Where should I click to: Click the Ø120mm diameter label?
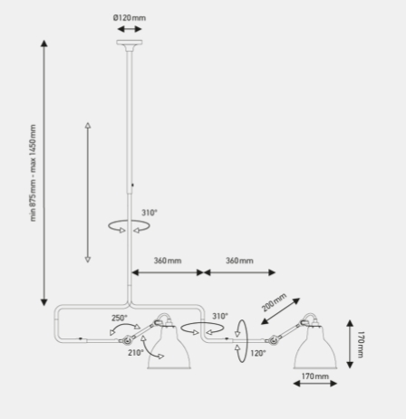(x=130, y=18)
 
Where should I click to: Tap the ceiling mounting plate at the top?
(x=130, y=43)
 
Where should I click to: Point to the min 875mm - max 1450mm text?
(x=33, y=173)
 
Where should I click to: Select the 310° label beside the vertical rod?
(x=150, y=213)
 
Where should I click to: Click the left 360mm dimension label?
(x=168, y=261)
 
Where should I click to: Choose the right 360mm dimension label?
(x=239, y=261)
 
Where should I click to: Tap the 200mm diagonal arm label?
(x=274, y=302)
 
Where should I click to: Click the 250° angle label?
(x=120, y=318)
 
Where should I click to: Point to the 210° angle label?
(x=136, y=352)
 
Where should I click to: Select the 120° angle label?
(x=258, y=353)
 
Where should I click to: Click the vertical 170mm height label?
(x=361, y=344)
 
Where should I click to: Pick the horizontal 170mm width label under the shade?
(x=315, y=376)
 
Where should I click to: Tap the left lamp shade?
(x=169, y=347)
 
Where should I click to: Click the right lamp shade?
(x=315, y=347)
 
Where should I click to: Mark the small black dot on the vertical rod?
(x=132, y=185)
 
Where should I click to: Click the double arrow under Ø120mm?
(x=130, y=29)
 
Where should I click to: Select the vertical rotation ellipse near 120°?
(x=242, y=341)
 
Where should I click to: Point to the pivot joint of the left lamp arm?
(x=126, y=340)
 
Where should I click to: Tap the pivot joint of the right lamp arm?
(x=272, y=340)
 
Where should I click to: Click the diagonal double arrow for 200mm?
(x=281, y=311)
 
